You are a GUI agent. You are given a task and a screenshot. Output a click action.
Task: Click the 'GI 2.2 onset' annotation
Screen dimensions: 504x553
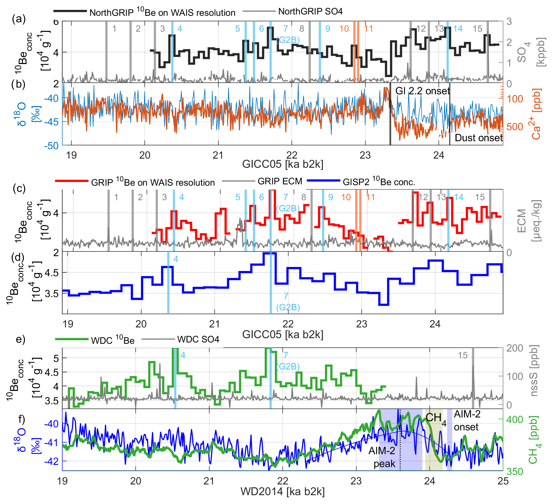tap(422, 91)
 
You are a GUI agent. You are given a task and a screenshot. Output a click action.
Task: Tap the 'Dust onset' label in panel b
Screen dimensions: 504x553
tap(478, 138)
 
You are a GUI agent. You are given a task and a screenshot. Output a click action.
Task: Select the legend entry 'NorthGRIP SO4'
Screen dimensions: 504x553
tap(310, 12)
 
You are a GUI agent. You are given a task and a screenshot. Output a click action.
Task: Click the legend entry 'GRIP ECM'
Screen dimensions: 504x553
tap(280, 181)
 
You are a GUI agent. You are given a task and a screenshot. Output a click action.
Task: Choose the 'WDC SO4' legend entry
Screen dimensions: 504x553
tap(198, 339)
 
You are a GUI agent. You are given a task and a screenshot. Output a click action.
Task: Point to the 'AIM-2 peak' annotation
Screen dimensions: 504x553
tap(382, 457)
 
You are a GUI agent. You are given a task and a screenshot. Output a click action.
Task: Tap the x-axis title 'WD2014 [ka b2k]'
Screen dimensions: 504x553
tap(283, 492)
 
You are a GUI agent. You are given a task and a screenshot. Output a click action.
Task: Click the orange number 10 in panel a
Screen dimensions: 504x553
tap(344, 29)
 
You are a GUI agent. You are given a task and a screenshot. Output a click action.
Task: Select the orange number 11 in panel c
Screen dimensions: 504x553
tap(370, 197)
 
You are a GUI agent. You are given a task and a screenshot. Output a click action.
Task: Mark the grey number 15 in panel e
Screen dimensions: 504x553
tap(462, 355)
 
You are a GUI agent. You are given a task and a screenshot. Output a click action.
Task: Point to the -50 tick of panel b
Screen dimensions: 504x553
tap(51, 146)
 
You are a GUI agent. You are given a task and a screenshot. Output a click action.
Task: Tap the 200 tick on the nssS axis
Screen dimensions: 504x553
tap(515, 348)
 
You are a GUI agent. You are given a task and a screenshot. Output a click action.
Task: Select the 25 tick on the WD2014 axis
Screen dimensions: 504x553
tap(503, 481)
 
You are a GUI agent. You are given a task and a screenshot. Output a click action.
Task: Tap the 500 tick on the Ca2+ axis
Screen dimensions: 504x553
tap(515, 127)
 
